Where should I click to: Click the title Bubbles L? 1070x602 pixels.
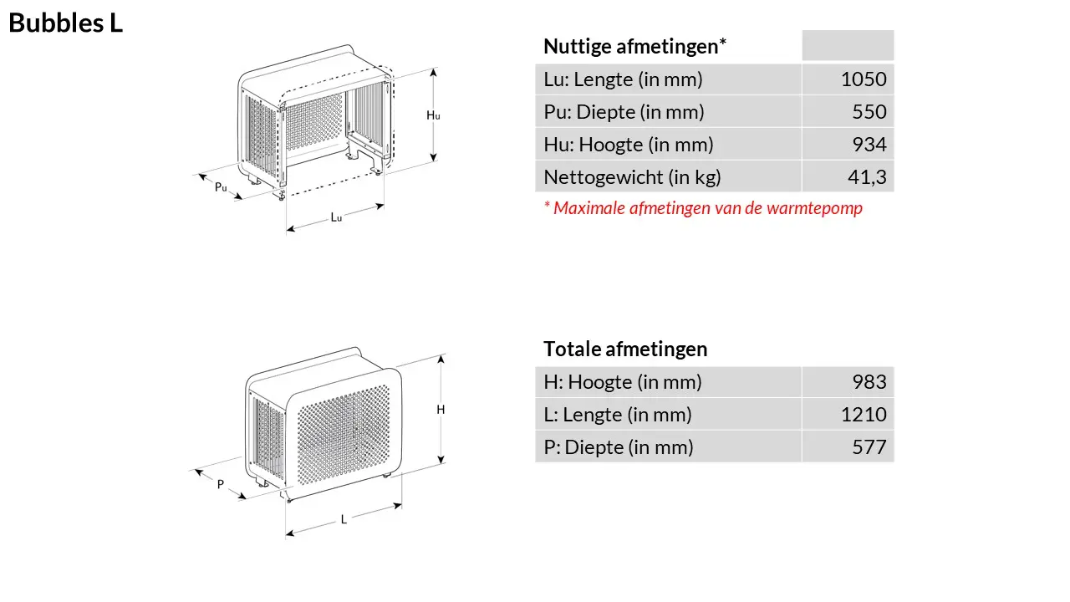point(65,23)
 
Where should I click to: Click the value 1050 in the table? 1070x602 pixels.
point(864,80)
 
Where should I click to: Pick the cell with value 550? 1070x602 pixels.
point(869,112)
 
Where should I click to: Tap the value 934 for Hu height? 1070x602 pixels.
point(869,145)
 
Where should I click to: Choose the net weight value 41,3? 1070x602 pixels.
point(866,177)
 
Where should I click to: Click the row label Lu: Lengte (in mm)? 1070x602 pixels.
point(623,80)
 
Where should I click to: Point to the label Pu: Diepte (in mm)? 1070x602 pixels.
point(624,112)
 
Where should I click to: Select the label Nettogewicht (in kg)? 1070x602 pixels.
point(632,177)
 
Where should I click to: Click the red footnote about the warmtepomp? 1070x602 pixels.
point(702,208)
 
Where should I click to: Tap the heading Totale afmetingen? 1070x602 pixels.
point(625,349)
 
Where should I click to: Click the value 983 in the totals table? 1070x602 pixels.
point(869,382)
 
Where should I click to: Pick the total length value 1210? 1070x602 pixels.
point(864,415)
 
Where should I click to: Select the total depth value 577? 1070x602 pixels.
point(869,447)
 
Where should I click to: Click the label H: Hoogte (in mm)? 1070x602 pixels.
point(623,382)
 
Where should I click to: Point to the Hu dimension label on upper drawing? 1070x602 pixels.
point(433,115)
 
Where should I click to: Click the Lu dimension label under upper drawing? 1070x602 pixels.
point(336,217)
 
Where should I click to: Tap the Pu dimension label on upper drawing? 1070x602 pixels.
point(221,187)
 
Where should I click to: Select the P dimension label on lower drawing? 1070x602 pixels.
point(221,484)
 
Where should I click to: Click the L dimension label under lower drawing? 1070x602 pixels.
point(344,519)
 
